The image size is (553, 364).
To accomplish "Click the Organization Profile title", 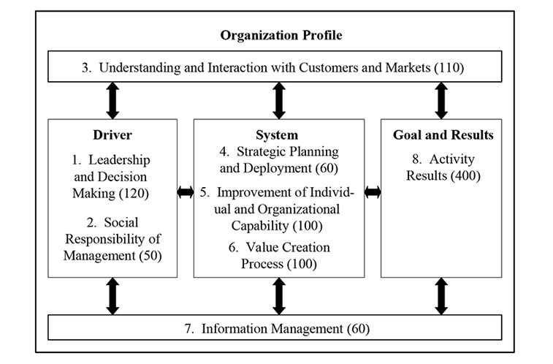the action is [x=281, y=35].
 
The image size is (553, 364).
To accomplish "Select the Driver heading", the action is [x=112, y=134].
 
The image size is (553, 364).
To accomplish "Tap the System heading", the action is [x=277, y=134].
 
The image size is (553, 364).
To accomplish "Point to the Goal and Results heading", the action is [x=443, y=134].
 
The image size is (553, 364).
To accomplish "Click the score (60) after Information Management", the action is [x=359, y=329].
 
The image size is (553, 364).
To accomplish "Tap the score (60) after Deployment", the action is [x=327, y=168].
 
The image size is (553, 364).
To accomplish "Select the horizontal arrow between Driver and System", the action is [x=186, y=192].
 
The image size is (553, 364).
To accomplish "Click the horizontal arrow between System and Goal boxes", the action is [x=373, y=192].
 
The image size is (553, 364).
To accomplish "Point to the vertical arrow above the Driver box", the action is [x=112, y=101].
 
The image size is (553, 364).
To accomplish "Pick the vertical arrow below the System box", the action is [x=279, y=296].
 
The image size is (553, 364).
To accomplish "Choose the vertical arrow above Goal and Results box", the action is [x=441, y=101].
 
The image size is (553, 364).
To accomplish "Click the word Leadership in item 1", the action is [x=119, y=160].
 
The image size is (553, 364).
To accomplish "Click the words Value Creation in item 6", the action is [x=288, y=247].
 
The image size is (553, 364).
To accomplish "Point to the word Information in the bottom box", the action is [x=235, y=329].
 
